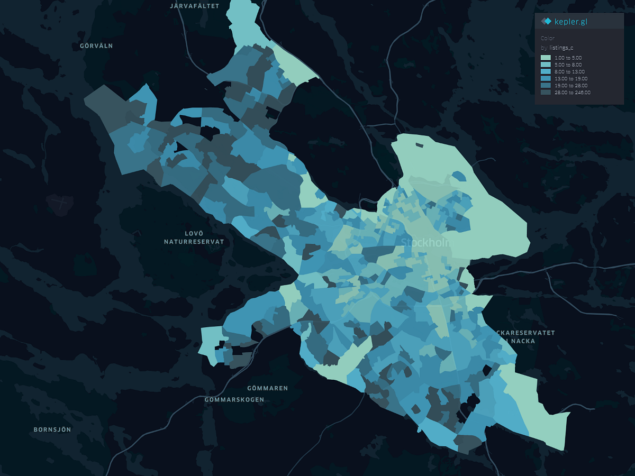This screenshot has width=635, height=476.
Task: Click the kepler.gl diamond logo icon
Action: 546,21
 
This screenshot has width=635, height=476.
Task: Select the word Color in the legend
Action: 547,38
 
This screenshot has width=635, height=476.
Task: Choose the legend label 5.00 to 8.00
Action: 568,65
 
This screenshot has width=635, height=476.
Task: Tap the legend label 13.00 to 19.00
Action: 569,78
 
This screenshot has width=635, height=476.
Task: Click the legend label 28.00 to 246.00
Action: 572,93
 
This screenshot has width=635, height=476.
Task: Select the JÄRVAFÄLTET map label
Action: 193,6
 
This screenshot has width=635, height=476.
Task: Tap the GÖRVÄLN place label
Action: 96,46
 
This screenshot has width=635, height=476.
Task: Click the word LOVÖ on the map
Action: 194,233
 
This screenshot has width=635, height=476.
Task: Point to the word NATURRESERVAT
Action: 194,242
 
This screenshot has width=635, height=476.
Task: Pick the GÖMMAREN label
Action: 267,388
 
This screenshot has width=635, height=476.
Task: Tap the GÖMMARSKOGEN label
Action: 234,400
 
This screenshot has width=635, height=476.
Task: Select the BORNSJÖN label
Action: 52,429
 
